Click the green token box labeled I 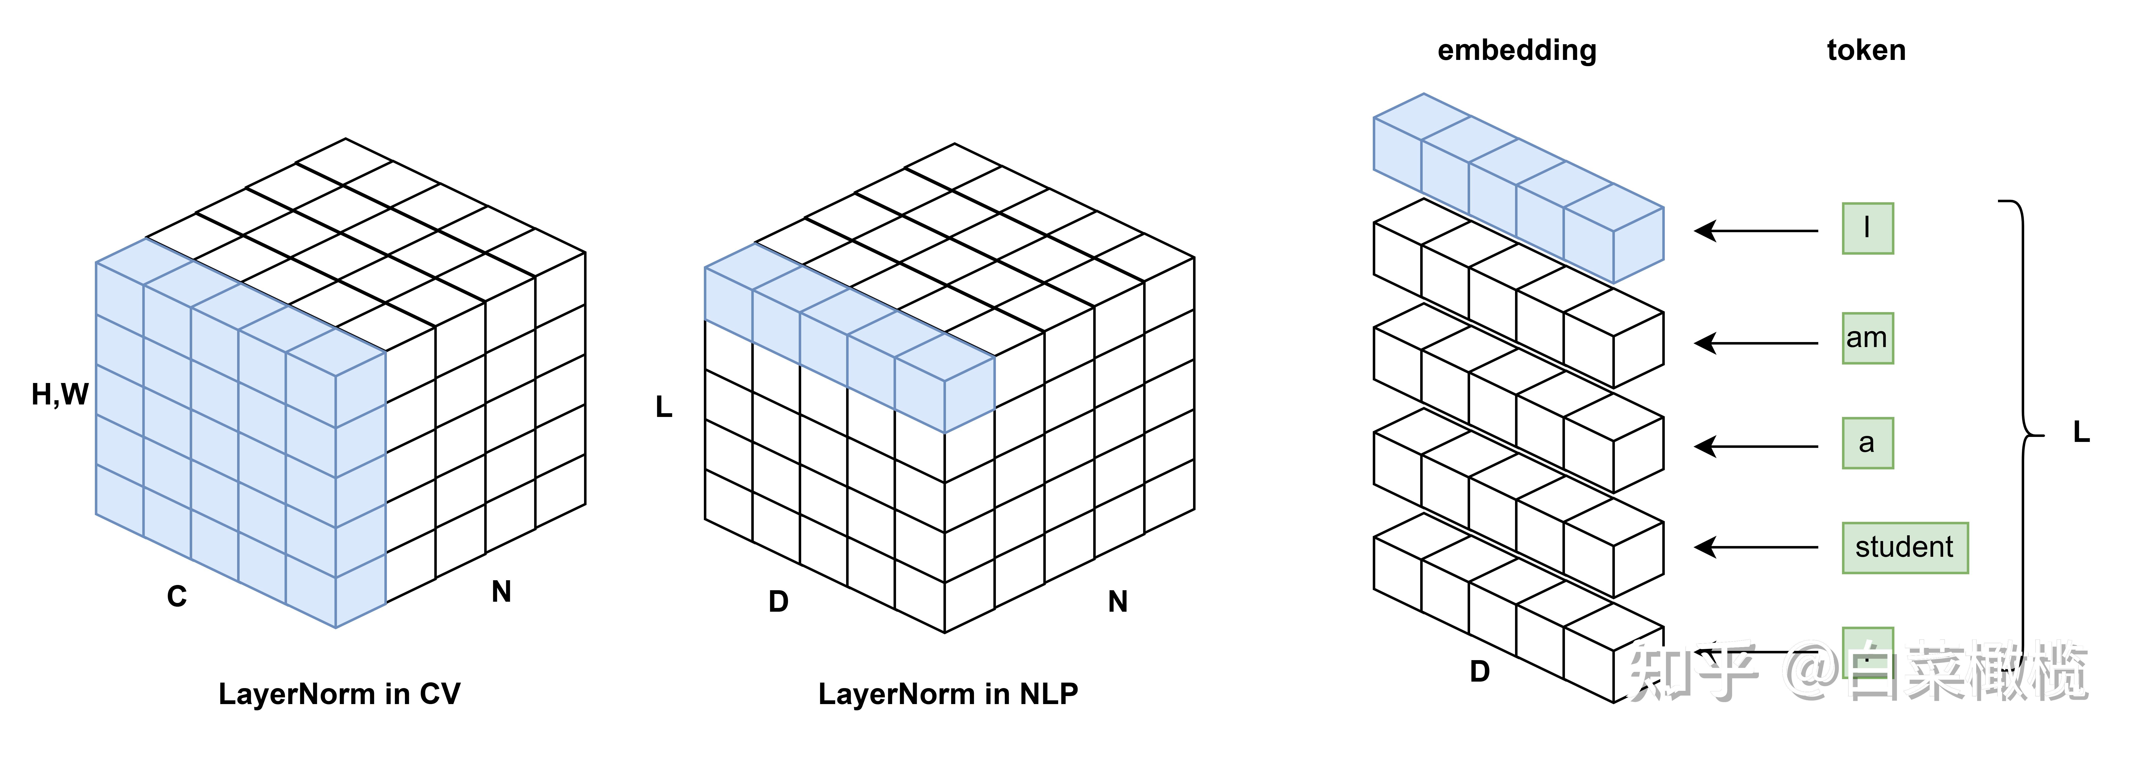[1867, 228]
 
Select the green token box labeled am [1867, 338]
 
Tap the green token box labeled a [1867, 443]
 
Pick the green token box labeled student [1904, 548]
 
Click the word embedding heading [1517, 51]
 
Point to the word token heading [1866, 51]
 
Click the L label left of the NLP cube [663, 407]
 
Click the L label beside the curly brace [2081, 432]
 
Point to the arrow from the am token [1756, 343]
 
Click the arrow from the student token [1756, 548]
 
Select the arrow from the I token [1756, 230]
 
